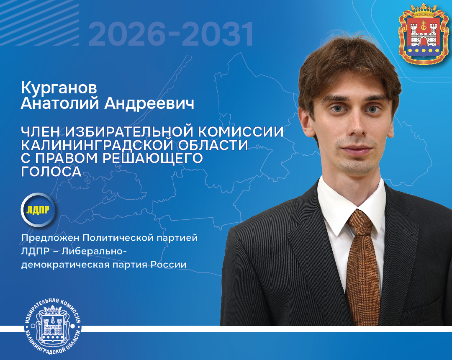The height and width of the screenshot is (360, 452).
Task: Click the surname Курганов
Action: pos(59,88)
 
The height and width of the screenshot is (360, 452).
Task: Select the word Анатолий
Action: pos(60,103)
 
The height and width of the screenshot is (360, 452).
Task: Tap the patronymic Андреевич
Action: pos(149,103)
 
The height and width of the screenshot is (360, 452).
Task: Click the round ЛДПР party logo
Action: pos(38,210)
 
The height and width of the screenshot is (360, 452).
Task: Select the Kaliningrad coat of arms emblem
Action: pos(424,34)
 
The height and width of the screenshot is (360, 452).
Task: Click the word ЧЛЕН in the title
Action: pos(40,132)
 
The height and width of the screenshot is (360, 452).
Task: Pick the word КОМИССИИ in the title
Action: pos(241,132)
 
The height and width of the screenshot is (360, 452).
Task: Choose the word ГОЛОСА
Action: pos(51,172)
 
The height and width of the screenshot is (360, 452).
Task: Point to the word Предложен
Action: pos(50,238)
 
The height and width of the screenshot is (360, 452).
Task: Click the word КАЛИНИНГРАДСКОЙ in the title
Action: pos(97,145)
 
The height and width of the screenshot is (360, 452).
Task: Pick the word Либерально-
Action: pos(94,251)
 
